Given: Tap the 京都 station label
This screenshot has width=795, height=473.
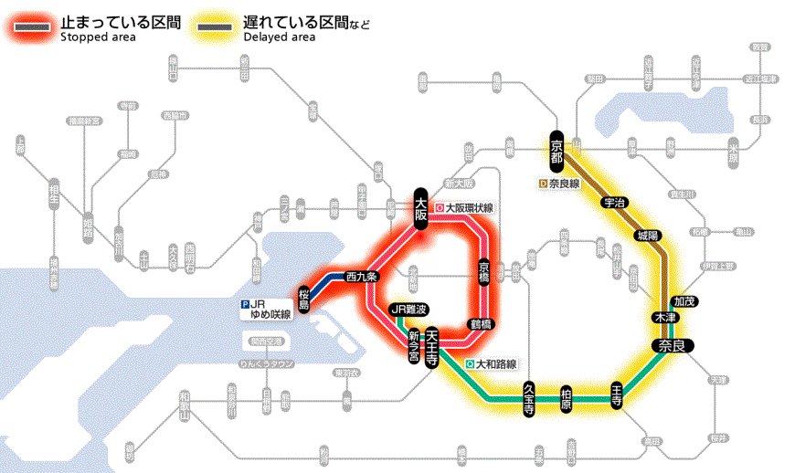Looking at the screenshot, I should (x=557, y=152).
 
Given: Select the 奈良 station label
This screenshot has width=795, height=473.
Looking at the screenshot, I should (x=673, y=345).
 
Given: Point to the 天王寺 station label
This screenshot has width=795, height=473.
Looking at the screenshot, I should (x=432, y=348).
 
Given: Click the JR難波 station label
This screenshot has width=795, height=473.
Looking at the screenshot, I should (x=408, y=310).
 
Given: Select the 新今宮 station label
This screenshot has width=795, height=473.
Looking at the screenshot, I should (x=413, y=348).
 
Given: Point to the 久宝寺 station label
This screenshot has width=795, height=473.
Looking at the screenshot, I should (x=528, y=399).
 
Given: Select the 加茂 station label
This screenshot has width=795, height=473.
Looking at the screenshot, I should (x=684, y=300).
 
